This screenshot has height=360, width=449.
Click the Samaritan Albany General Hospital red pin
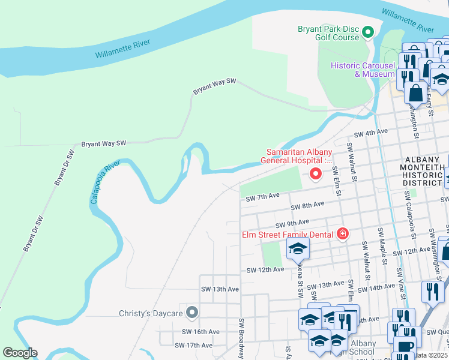[x=315, y=174]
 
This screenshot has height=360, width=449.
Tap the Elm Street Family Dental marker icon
[x=342, y=233]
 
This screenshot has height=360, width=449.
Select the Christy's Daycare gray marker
[x=192, y=312]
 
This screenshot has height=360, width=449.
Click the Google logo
[x=20, y=353]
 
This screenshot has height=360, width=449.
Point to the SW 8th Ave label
[x=307, y=205]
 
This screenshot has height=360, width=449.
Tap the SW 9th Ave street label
[x=292, y=222]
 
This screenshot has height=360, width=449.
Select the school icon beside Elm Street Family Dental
[x=297, y=249]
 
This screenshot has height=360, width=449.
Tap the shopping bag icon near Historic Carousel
[x=415, y=94]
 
